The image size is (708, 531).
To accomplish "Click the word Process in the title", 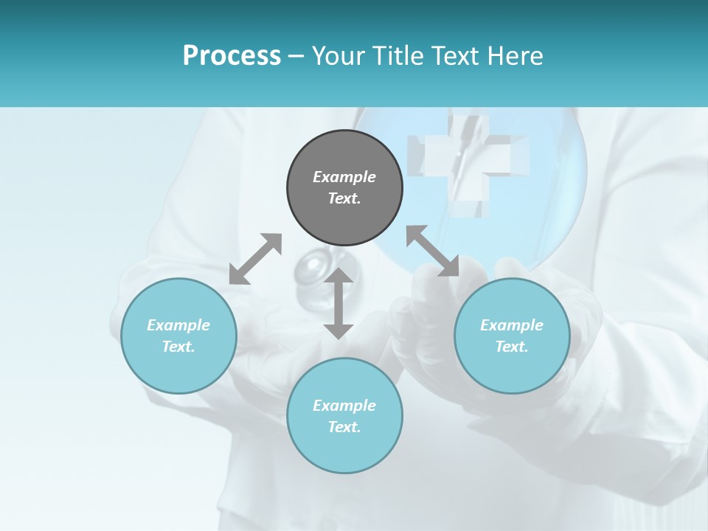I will tap(232, 56).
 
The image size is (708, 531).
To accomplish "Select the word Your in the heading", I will tap(339, 56).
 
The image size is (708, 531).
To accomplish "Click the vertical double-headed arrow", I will tap(339, 303).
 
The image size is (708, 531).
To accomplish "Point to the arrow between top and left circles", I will tap(255, 259).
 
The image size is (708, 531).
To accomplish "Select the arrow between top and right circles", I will tap(432, 251).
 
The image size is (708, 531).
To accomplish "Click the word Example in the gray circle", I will tap(344, 177).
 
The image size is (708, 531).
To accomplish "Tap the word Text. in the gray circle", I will tap(344, 198).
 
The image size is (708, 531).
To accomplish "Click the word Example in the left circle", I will tap(178, 325).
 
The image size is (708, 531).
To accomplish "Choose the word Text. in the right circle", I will tap(512, 347).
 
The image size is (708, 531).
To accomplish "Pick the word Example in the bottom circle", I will tap(344, 406).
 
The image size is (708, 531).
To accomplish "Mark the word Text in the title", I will tap(456, 56).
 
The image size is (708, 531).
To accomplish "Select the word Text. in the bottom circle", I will tap(344, 427).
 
